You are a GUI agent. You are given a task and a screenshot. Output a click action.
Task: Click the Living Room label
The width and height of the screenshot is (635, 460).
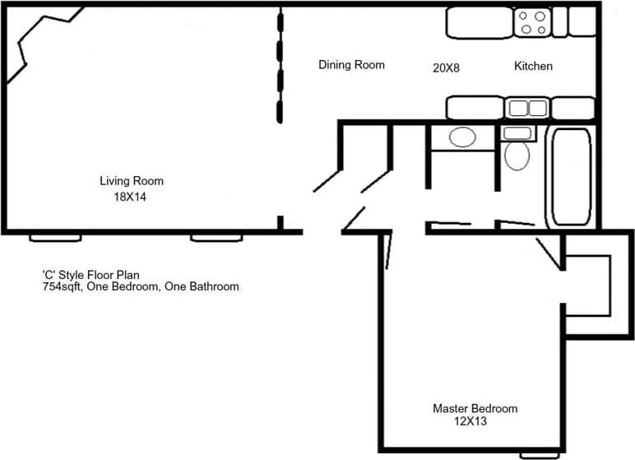132,181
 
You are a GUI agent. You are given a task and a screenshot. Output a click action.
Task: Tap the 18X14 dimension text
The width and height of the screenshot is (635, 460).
132,197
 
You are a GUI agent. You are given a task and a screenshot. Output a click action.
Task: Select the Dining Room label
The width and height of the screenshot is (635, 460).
351,65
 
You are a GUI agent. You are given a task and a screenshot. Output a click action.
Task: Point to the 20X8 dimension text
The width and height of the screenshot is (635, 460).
446,68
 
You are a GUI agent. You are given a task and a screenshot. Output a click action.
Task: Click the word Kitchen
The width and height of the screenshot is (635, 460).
533,66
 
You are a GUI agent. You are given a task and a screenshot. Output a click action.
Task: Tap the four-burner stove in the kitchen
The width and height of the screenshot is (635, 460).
532,22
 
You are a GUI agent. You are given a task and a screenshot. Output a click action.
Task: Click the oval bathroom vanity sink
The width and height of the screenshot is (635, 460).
461,137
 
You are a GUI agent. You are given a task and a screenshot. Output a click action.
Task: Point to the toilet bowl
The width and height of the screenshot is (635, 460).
517,155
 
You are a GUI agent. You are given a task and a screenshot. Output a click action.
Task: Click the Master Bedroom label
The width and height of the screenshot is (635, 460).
475,408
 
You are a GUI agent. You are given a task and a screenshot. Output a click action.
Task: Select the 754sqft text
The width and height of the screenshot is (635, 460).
63,287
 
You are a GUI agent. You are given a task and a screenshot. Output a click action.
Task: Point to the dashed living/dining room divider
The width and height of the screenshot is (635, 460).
280,66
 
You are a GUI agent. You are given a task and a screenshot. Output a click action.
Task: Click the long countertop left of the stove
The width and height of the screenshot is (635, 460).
480,21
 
